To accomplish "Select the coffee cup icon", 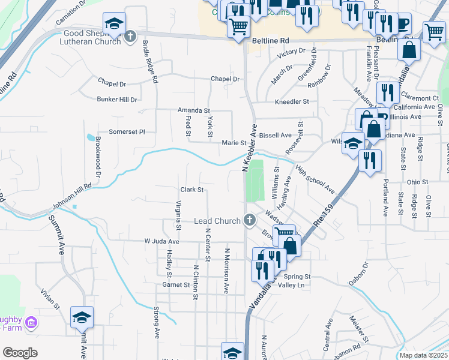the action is [401, 24].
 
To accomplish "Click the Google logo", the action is [20, 353].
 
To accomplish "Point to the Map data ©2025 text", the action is [423, 355].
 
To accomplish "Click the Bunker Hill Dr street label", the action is [117, 100].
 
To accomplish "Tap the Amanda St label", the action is [193, 110].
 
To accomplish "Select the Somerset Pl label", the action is [127, 131].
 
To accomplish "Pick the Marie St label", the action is [234, 143].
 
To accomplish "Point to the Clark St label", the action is [193, 190].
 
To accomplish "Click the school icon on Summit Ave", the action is [82, 318].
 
